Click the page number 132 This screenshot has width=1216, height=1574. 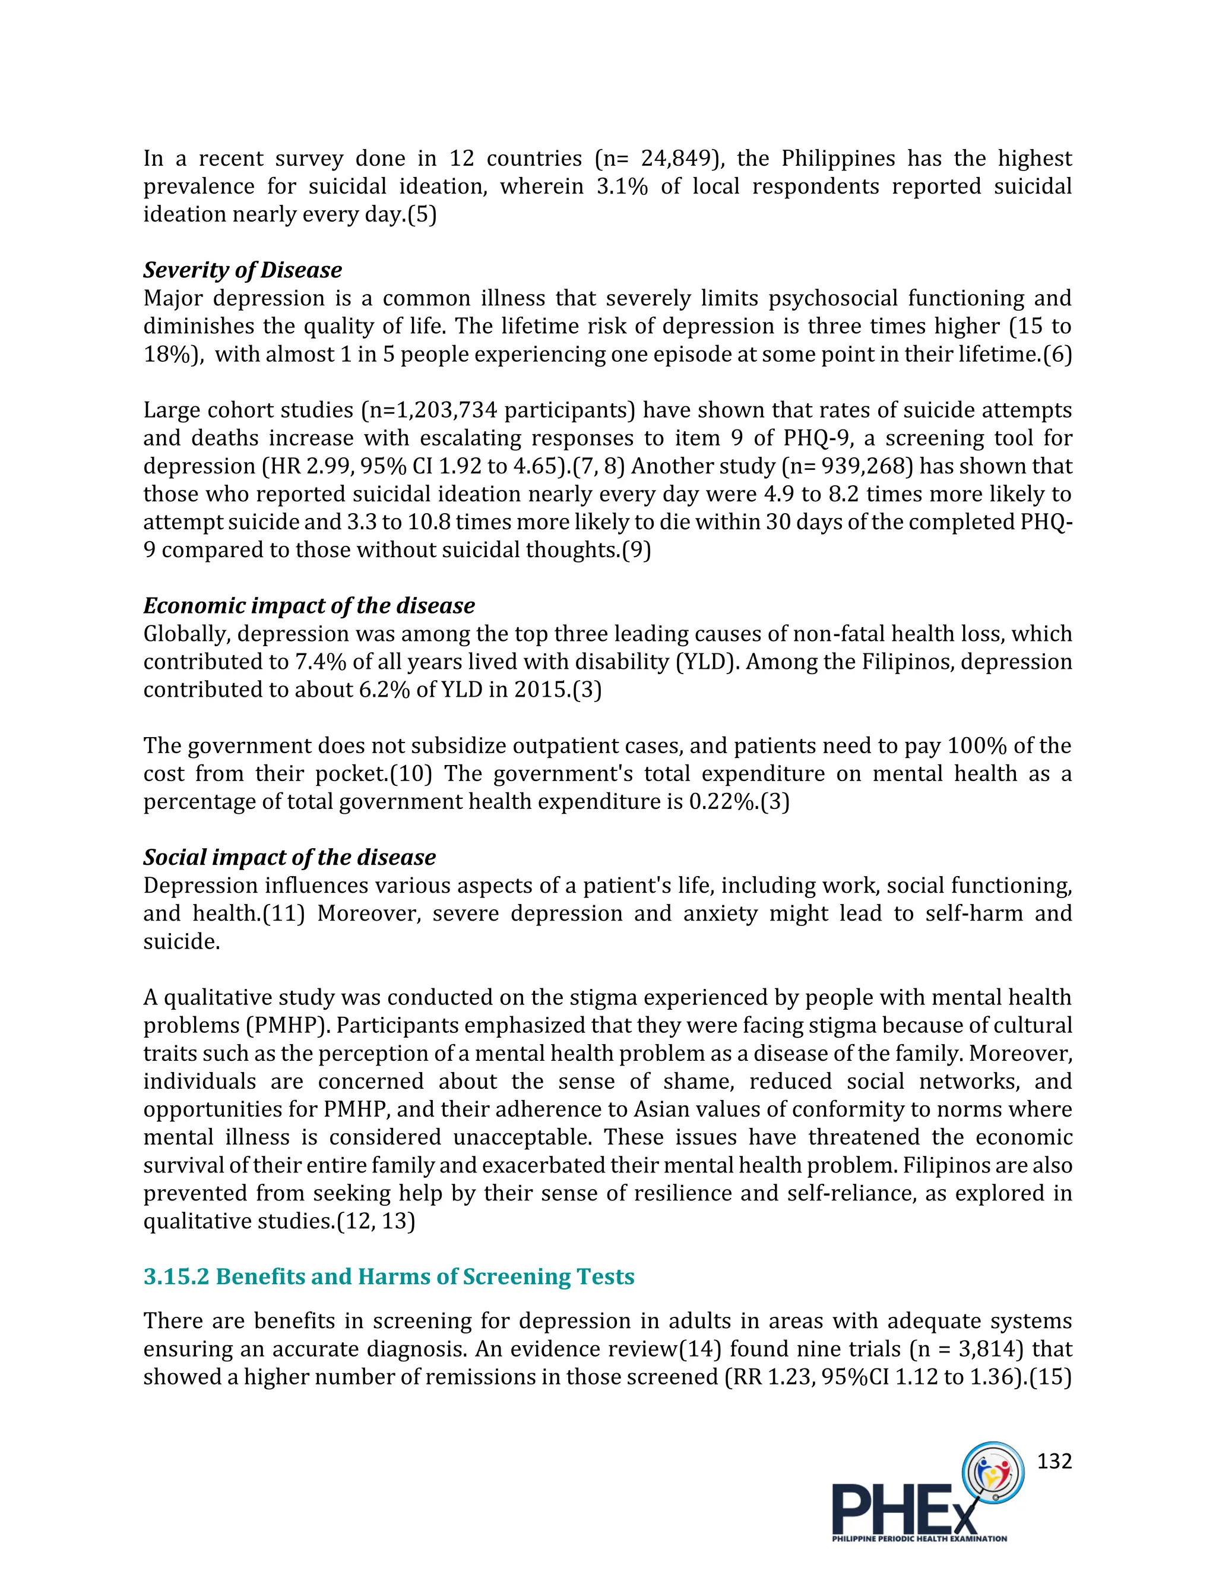(x=1054, y=1461)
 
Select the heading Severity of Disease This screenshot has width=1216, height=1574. (x=242, y=270)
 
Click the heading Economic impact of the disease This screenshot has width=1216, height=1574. (x=308, y=605)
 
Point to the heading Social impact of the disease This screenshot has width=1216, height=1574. (x=289, y=857)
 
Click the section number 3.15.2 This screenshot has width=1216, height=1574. (x=176, y=1276)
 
